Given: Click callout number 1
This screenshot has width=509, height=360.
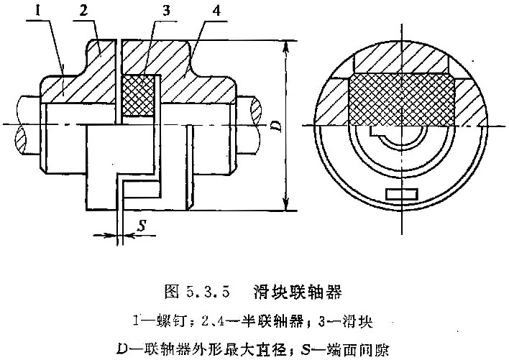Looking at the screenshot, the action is pyautogui.click(x=38, y=11).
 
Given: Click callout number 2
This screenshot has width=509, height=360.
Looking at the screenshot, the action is pyautogui.click(x=83, y=11).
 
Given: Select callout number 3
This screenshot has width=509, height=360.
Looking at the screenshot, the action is pyautogui.click(x=166, y=11).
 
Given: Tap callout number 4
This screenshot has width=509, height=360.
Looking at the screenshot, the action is pyautogui.click(x=216, y=11).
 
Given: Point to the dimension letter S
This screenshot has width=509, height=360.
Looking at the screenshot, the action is pyautogui.click(x=142, y=226).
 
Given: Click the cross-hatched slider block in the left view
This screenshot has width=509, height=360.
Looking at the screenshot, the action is pyautogui.click(x=137, y=96).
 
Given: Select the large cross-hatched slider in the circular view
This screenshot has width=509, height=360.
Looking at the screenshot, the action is pyautogui.click(x=401, y=100).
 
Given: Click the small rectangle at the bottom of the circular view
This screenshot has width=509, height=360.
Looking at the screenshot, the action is pyautogui.click(x=402, y=194).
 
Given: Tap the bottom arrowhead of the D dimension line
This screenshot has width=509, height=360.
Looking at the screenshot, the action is pyautogui.click(x=285, y=203).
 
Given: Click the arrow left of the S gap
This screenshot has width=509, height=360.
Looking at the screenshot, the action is pyautogui.click(x=104, y=235).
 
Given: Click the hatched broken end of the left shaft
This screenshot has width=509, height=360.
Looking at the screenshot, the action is pyautogui.click(x=20, y=139).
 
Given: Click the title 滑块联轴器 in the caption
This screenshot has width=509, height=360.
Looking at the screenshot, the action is pyautogui.click(x=298, y=291).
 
